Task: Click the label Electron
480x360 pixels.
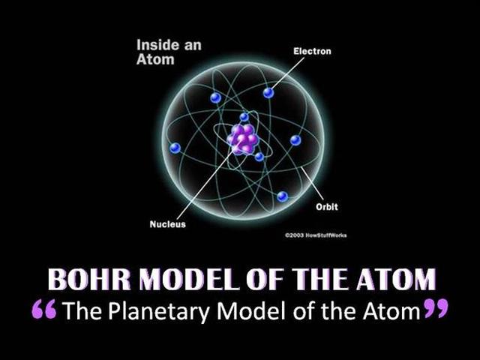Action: (311, 51)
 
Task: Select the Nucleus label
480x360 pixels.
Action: (167, 224)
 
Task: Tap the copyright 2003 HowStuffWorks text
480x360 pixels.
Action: (316, 235)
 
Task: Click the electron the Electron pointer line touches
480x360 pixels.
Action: (268, 93)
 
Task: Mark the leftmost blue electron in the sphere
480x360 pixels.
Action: (175, 148)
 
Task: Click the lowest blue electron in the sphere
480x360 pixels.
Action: (282, 196)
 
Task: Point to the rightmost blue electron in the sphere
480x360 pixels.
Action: (295, 140)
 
